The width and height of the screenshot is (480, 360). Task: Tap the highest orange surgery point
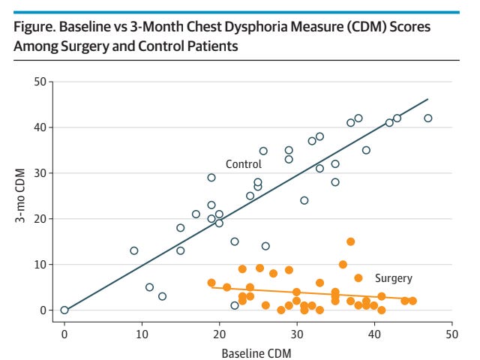(x=351, y=241)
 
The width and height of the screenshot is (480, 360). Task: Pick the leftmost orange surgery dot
(x=211, y=283)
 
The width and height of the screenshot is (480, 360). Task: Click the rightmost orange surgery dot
(x=412, y=301)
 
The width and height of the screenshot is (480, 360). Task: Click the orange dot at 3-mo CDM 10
(x=343, y=265)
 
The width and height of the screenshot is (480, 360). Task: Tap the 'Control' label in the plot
(x=244, y=164)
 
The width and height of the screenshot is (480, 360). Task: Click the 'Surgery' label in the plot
(x=394, y=278)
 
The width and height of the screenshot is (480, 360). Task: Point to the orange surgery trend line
(x=312, y=293)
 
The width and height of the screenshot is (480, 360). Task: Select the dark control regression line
(x=246, y=205)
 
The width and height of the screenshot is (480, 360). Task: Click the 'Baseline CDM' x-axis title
(x=256, y=353)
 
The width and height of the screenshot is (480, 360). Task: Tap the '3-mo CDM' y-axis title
(x=20, y=195)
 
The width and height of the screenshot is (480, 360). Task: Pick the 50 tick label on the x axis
(x=451, y=334)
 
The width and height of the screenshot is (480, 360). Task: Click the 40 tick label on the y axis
(x=40, y=127)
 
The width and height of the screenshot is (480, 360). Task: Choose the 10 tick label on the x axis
(x=142, y=334)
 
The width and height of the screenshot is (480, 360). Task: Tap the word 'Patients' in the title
(x=212, y=46)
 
